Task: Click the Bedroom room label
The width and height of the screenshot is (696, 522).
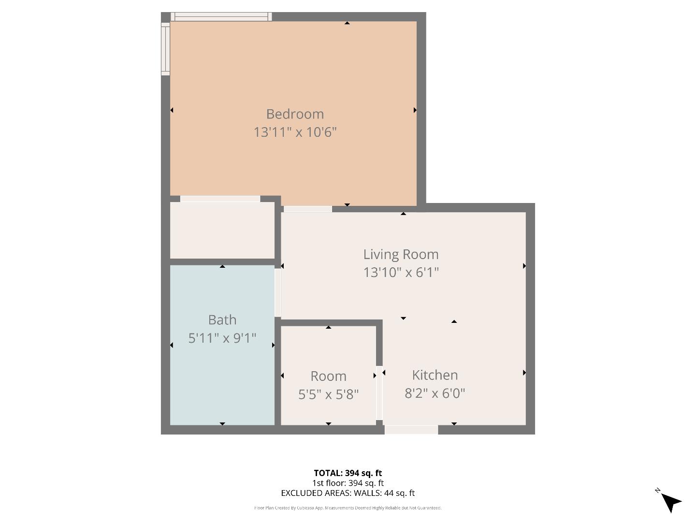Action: (x=295, y=114)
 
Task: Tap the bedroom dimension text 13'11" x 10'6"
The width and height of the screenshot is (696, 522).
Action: (x=295, y=132)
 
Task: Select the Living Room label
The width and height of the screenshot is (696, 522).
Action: (x=401, y=254)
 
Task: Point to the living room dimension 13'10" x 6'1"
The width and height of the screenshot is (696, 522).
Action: (x=401, y=273)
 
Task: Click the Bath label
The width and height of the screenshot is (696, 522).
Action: (x=222, y=320)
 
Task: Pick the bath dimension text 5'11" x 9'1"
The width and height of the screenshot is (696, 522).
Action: (x=222, y=338)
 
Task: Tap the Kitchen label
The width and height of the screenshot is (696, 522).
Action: (x=435, y=375)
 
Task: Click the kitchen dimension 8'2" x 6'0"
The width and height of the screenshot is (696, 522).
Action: (x=435, y=393)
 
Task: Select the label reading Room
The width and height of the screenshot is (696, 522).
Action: (x=328, y=376)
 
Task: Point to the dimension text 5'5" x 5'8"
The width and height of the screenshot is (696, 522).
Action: (x=328, y=394)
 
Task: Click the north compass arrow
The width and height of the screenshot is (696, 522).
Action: (x=670, y=502)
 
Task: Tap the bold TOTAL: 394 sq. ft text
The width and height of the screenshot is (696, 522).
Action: (x=348, y=473)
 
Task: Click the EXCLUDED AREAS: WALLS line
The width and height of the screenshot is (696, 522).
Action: (x=348, y=493)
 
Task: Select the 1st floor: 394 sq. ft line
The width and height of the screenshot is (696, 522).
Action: (x=348, y=483)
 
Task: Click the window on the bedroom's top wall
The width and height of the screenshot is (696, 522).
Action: (x=221, y=17)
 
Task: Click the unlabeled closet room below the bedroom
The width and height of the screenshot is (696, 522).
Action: (x=222, y=231)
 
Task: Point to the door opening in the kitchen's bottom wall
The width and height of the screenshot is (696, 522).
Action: (x=411, y=430)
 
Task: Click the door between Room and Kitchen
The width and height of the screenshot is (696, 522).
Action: (x=379, y=392)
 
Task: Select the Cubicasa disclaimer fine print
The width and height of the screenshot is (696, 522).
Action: (x=348, y=508)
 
